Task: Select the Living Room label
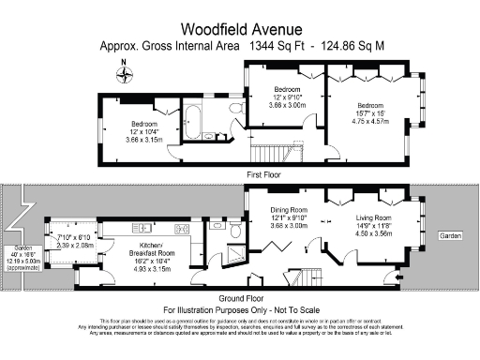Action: pos(368,217)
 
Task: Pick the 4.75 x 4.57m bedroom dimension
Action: pos(370,120)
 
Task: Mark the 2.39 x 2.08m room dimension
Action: pos(75,243)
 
